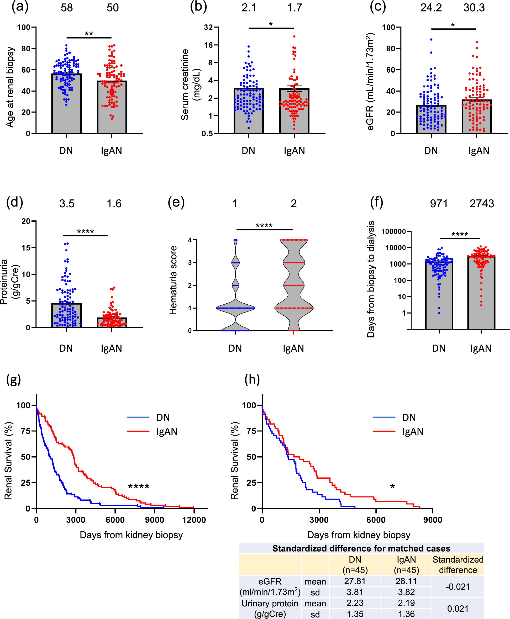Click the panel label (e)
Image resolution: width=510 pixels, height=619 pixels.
point(176,203)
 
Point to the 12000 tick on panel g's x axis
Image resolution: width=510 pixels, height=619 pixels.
point(194,520)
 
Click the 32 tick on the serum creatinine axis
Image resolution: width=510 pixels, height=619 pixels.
point(208,28)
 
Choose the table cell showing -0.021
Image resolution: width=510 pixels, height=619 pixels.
point(458,587)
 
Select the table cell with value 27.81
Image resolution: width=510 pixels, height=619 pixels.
point(355,581)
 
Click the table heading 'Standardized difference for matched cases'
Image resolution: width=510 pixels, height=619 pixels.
point(361,548)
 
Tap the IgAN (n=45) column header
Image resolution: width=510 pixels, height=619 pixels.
point(406,565)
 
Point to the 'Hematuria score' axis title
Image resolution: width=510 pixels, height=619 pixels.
point(173,281)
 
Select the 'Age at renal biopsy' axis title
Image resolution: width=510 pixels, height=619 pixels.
point(10,87)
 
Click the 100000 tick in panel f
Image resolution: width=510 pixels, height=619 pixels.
point(393,231)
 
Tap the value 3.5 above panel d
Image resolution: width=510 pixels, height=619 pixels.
point(67,204)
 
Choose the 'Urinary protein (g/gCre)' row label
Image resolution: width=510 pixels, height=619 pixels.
point(270,609)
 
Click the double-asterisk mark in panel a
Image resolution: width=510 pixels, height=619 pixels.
point(89,34)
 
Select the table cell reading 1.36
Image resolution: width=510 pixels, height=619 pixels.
point(406,614)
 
